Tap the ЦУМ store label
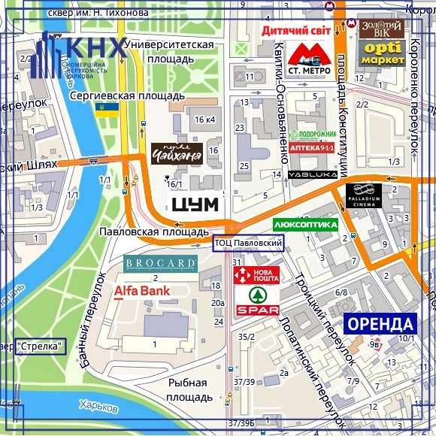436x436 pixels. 195,204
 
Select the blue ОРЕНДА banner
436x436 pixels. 380,324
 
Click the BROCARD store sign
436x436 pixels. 160,264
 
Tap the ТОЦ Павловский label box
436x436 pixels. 249,243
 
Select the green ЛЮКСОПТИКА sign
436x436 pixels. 304,224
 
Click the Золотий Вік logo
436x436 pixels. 382,29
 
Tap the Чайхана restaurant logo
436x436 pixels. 177,154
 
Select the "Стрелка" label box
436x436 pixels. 41,347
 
